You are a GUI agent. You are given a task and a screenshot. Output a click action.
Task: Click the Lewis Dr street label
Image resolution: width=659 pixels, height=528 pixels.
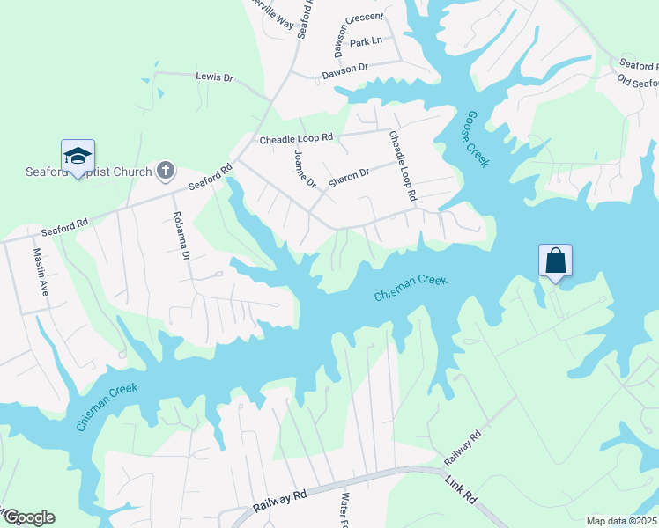tap(214, 77)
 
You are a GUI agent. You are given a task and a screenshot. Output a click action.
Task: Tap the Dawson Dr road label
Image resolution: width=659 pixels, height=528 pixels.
tap(344, 68)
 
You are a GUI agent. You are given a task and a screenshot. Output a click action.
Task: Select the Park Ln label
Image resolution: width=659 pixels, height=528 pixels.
tap(366, 41)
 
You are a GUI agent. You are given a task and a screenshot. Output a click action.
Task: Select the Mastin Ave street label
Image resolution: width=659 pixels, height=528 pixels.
tap(40, 268)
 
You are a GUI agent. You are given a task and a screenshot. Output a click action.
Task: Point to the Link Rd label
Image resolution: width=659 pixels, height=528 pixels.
tap(461, 490)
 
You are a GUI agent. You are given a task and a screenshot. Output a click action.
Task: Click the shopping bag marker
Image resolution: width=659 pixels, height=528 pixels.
tap(555, 260)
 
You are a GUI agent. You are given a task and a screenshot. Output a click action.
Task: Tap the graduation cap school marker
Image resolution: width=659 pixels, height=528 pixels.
tap(78, 156)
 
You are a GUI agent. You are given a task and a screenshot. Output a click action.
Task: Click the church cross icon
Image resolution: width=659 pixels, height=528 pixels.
tap(166, 170)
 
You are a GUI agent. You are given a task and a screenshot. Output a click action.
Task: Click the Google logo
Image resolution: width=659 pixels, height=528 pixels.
tap(28, 517)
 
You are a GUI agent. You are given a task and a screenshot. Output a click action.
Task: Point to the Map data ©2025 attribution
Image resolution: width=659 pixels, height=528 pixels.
tap(620, 521)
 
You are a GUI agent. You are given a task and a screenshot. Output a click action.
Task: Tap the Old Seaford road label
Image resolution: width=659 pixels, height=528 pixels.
tap(637, 82)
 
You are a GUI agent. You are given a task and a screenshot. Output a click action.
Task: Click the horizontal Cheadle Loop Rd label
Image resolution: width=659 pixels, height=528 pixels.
tap(296, 138)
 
